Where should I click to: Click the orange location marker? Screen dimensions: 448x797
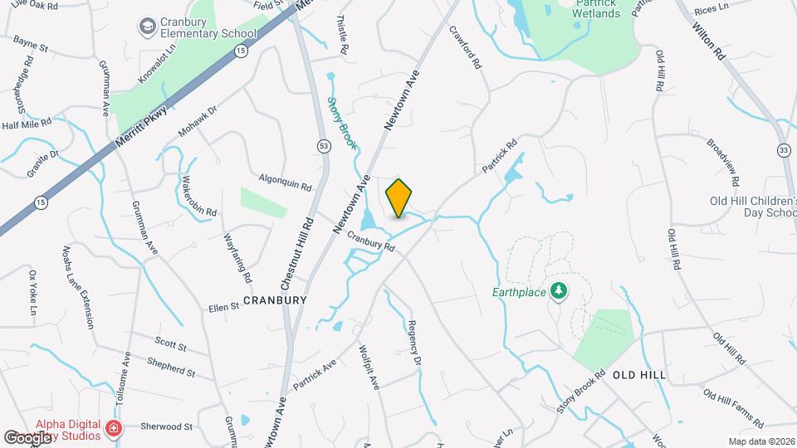[399, 198]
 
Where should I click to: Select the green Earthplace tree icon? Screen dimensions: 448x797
[561, 290]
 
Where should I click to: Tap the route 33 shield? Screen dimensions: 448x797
[783, 150]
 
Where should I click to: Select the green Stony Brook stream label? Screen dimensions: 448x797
[342, 124]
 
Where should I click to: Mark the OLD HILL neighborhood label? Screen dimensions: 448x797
[639, 375]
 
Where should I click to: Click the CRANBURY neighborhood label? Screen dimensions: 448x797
[275, 299]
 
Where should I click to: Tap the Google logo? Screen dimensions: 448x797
[29, 437]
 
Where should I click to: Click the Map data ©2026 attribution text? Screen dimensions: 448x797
[760, 441]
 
